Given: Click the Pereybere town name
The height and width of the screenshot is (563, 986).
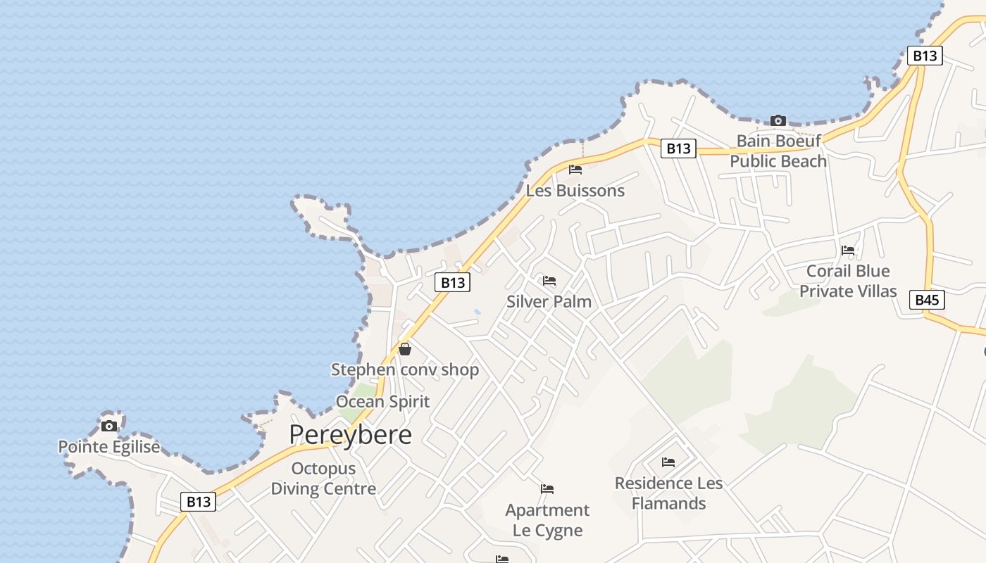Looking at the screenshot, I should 350,435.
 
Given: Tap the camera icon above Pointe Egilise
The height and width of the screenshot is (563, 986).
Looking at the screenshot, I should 109,426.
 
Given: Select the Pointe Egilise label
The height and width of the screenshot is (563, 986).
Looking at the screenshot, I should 109,447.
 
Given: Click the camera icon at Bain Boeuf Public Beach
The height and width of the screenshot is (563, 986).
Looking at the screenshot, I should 778,120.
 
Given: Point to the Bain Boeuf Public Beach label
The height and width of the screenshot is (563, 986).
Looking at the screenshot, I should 778,151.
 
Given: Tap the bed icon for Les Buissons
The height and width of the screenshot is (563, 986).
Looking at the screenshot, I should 575,170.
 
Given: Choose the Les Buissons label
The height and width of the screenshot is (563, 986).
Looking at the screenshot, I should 575,191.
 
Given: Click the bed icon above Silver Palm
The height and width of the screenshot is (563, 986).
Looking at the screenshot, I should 549,281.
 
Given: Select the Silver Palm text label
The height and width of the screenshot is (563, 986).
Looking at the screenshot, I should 549,301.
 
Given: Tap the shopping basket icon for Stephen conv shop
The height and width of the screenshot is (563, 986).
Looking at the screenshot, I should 405,348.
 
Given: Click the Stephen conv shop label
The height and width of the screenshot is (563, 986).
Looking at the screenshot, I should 405,369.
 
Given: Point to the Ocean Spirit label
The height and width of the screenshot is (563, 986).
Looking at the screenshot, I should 382,402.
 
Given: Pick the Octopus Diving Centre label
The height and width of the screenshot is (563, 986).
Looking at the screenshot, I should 323,479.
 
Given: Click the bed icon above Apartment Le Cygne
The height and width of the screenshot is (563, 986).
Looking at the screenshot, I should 547,488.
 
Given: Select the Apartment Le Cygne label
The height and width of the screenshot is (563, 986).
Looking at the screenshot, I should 547,520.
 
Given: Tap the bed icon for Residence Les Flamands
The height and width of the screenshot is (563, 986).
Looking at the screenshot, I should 668,462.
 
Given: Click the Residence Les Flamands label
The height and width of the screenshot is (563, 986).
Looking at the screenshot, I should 668,493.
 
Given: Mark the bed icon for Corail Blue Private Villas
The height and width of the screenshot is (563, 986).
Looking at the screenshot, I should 848,250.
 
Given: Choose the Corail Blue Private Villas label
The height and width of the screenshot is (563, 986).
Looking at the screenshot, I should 848,281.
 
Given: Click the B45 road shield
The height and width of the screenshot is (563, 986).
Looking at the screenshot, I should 927,300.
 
